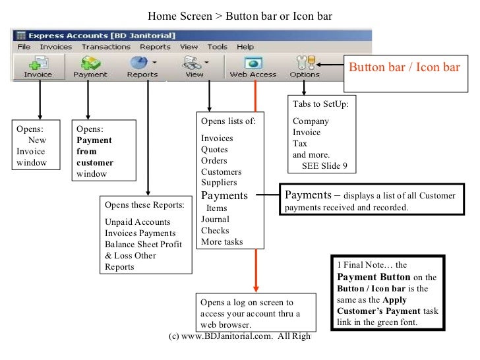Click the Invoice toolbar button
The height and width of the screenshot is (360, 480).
point(38,67)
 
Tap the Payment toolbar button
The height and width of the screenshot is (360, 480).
point(90,67)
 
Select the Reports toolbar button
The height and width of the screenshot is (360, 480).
point(142,67)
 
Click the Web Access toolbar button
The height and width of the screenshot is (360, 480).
point(253,67)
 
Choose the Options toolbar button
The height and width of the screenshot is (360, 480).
point(304,67)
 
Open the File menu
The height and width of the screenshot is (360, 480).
point(23,47)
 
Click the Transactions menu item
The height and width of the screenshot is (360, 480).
point(105,47)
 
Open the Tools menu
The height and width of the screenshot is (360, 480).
point(218,47)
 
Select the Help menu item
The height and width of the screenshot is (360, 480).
point(245,47)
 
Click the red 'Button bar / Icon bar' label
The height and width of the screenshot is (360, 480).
point(404,67)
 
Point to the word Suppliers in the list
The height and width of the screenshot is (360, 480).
point(219,183)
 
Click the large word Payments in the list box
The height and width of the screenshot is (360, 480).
point(224,195)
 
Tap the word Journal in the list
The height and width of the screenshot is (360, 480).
point(215,220)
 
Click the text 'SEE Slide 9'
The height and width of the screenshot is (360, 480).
point(324,165)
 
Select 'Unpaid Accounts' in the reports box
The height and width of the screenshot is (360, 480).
point(137,222)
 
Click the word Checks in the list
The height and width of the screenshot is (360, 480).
point(215,231)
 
